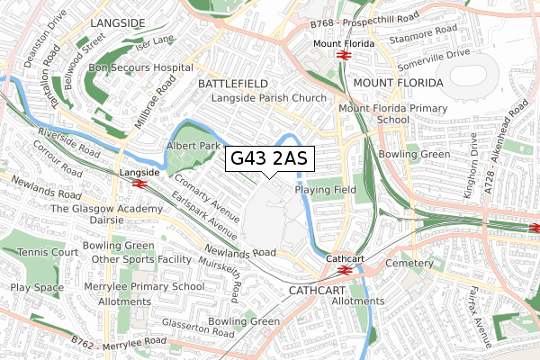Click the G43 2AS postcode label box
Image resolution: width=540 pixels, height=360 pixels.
pyautogui.click(x=269, y=159)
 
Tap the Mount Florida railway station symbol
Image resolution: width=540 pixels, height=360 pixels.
pyautogui.click(x=343, y=55)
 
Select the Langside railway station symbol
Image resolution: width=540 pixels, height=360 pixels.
pyautogui.click(x=139, y=183)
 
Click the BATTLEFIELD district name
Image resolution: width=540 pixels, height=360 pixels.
pyautogui.click(x=232, y=83)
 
